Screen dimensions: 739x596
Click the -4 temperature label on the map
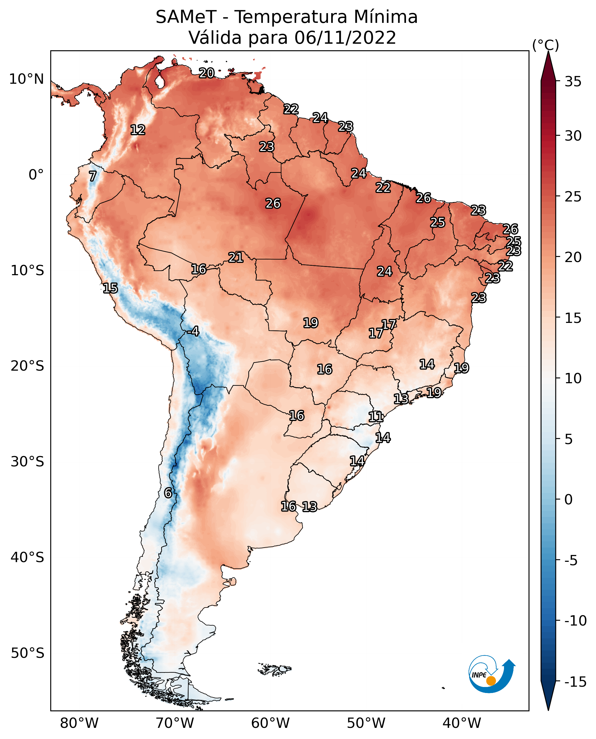pos(193,331)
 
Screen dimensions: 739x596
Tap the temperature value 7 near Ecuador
pos(93,176)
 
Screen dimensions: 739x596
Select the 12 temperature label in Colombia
pos(138,130)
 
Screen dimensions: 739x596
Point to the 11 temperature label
pos(376,417)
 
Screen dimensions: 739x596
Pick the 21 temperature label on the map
pos(236,257)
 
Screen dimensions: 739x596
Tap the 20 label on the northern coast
pos(207,73)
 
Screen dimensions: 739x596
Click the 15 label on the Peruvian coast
pos(110,288)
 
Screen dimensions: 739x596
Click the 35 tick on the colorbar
pos(573,82)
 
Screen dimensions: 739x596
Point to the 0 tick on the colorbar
pos(569,500)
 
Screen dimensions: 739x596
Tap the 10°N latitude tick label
pos(27,79)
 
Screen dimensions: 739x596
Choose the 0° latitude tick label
pos(36,175)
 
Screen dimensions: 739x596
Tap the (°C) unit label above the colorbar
pos(545,45)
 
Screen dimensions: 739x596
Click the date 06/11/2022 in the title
pos(345,37)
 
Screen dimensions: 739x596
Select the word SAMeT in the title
pos(186,17)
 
